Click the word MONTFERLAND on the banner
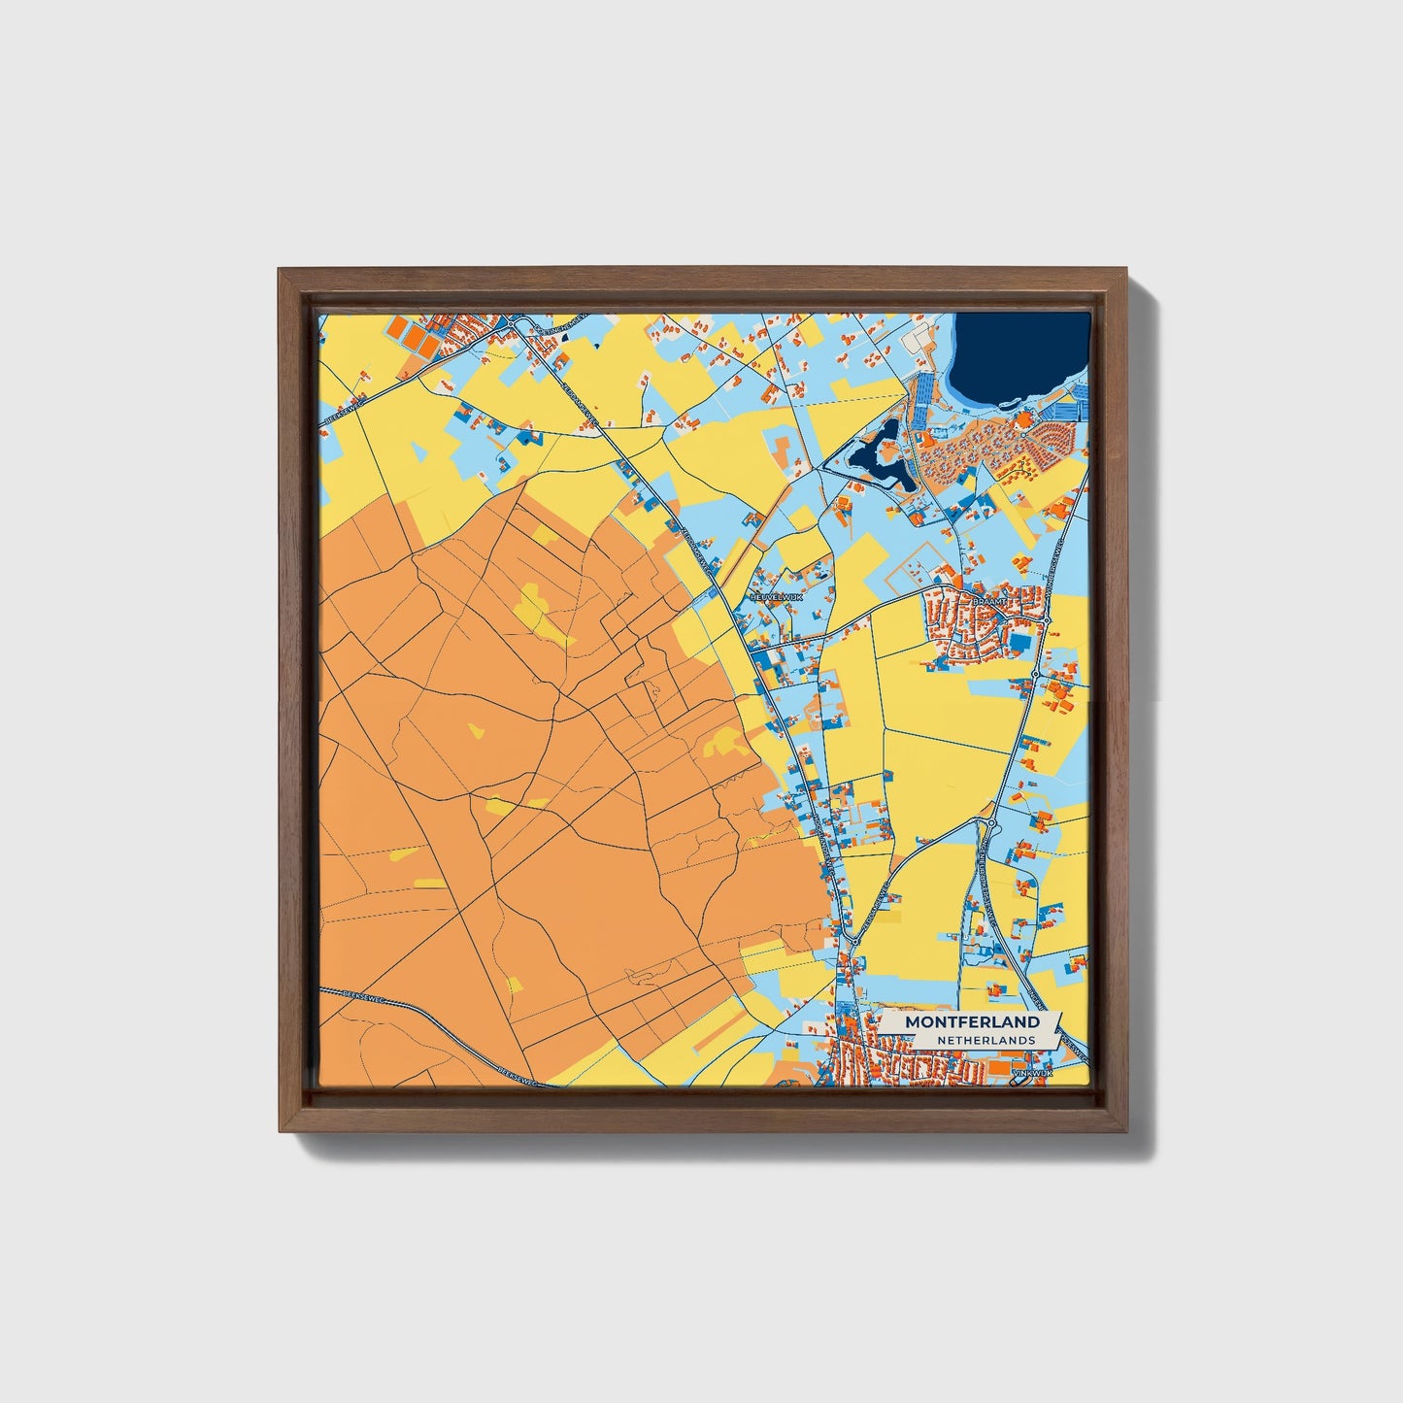972,1022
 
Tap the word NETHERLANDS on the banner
985,1040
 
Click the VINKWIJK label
1031,1073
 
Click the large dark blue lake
1019,354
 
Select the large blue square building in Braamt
1019,643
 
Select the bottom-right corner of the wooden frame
1129,1132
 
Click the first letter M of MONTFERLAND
912,1022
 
